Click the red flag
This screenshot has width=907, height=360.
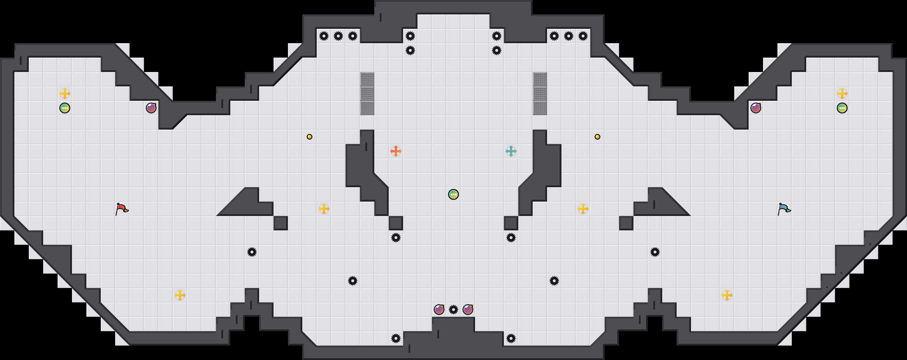click(x=122, y=209)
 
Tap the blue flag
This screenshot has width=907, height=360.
click(x=784, y=209)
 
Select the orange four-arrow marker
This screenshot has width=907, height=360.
click(x=396, y=151)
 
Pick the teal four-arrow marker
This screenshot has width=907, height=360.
click(x=511, y=151)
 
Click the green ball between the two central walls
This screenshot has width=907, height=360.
click(x=453, y=194)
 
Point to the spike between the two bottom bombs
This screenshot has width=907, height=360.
click(x=453, y=310)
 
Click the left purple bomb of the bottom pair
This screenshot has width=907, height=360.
click(x=439, y=310)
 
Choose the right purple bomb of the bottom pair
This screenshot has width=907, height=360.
click(x=468, y=310)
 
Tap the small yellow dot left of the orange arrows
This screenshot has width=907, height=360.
click(x=310, y=137)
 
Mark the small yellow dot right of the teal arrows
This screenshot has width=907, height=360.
click(x=597, y=137)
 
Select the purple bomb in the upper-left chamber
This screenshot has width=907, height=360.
click(x=151, y=108)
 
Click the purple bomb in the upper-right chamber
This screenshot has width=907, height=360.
click(x=756, y=108)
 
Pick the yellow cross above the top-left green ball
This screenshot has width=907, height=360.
click(x=65, y=94)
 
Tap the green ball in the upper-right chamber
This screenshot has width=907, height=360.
click(x=842, y=108)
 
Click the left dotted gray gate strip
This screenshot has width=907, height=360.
click(x=367, y=94)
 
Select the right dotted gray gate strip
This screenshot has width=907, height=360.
click(x=540, y=94)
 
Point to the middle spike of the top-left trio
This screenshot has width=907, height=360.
click(x=338, y=36)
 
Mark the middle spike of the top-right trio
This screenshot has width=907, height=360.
click(x=569, y=36)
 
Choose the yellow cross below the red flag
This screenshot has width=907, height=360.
click(x=180, y=295)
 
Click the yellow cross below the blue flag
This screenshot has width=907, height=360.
click(x=727, y=295)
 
